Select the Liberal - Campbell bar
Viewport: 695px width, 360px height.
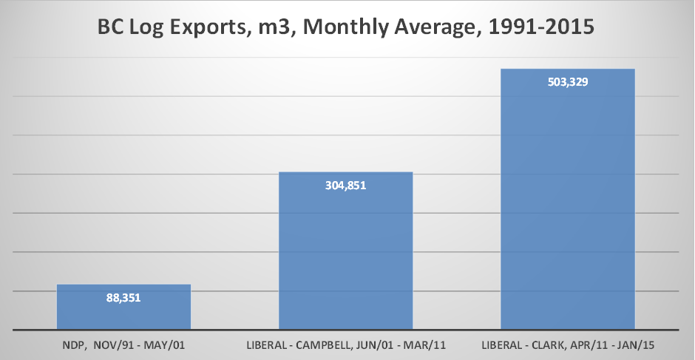point(345,251)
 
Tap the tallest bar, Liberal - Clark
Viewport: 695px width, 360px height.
point(567,200)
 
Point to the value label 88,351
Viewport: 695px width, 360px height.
point(123,299)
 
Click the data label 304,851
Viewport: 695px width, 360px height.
point(345,186)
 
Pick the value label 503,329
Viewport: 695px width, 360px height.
point(567,82)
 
